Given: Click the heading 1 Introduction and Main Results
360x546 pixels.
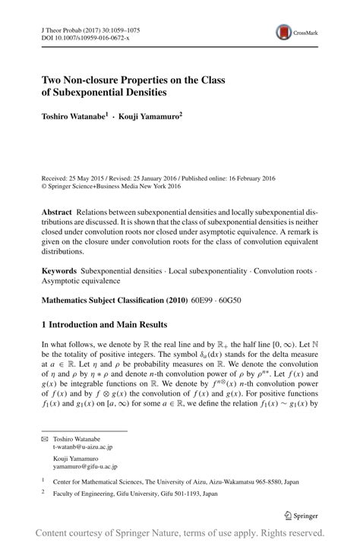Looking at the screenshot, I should click(x=114, y=324).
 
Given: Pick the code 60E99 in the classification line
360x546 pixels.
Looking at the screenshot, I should click(x=216, y=301).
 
